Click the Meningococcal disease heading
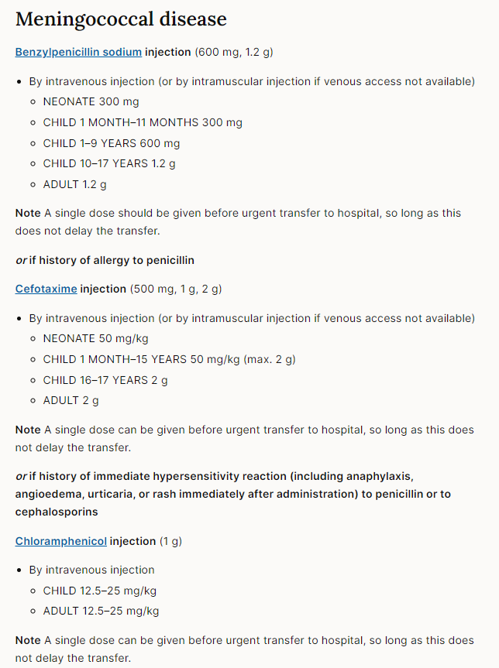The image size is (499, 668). click(x=121, y=19)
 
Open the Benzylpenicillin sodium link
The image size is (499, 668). click(x=78, y=52)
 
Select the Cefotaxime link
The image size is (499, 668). click(x=46, y=289)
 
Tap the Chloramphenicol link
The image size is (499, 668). click(x=60, y=541)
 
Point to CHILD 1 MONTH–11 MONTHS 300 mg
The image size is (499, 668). click(x=143, y=122)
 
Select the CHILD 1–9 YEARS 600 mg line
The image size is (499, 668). click(x=111, y=143)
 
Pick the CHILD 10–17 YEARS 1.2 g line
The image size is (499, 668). click(x=109, y=164)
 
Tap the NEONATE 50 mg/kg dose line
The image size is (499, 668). click(x=95, y=338)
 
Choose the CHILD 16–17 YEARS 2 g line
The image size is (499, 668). click(x=105, y=380)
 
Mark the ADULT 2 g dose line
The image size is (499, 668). click(x=71, y=401)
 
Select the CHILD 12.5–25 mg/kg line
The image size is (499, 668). click(x=100, y=591)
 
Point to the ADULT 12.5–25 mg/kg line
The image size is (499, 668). click(x=101, y=611)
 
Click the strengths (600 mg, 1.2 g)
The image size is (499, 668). click(x=233, y=52)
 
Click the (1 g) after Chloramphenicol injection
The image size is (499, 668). click(x=171, y=541)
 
